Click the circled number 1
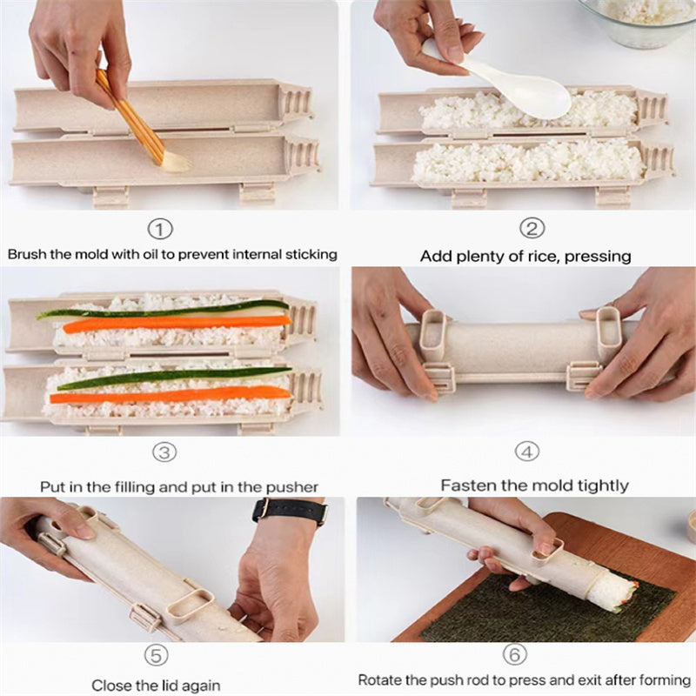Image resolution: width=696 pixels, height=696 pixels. [x=160, y=230]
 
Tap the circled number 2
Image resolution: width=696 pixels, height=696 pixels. [x=532, y=230]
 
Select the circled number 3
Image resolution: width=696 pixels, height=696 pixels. [x=165, y=452]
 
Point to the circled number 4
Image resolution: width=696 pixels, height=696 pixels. [x=526, y=452]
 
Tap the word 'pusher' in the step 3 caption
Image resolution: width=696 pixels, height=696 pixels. [x=291, y=487]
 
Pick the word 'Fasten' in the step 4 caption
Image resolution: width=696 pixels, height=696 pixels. [x=468, y=485]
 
